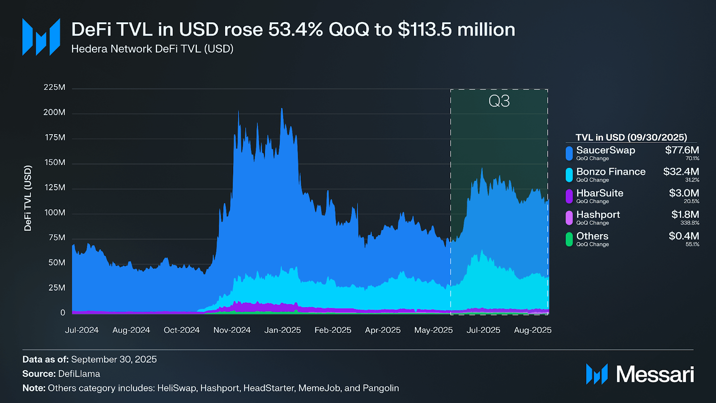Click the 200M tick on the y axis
(54, 112)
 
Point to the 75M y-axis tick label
(56, 238)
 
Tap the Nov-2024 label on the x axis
(232, 330)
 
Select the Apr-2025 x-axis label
(383, 330)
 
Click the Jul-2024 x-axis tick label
(81, 330)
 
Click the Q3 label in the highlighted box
(499, 101)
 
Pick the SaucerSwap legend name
(605, 150)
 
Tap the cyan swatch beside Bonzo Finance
(569, 175)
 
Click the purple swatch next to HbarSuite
(569, 196)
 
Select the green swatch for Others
(569, 239)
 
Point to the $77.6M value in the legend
(682, 150)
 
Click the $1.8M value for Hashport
(685, 215)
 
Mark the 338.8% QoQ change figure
(690, 223)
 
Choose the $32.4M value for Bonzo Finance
(681, 172)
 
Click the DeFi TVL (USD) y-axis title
(28, 198)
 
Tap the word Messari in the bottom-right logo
(655, 374)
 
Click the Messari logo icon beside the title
(41, 37)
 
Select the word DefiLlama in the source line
(79, 374)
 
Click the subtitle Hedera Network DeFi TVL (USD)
(152, 49)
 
